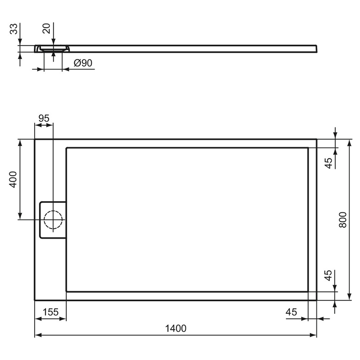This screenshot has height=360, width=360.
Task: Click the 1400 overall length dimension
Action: click(x=175, y=328)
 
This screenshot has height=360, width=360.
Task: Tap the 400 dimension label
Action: click(x=13, y=179)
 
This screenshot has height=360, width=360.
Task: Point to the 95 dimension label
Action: click(x=44, y=119)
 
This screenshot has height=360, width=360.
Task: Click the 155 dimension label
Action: click(x=50, y=312)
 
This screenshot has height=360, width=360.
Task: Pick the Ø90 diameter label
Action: click(x=83, y=63)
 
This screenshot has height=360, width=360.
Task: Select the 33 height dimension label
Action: click(x=14, y=29)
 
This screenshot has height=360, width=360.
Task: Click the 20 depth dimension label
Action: click(x=47, y=28)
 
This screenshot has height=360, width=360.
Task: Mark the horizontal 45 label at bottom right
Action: click(x=291, y=312)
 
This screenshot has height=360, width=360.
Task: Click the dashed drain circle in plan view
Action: click(x=53, y=220)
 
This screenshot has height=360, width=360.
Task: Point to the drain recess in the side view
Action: click(x=53, y=49)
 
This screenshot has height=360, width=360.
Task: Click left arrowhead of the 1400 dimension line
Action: click(x=37, y=335)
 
